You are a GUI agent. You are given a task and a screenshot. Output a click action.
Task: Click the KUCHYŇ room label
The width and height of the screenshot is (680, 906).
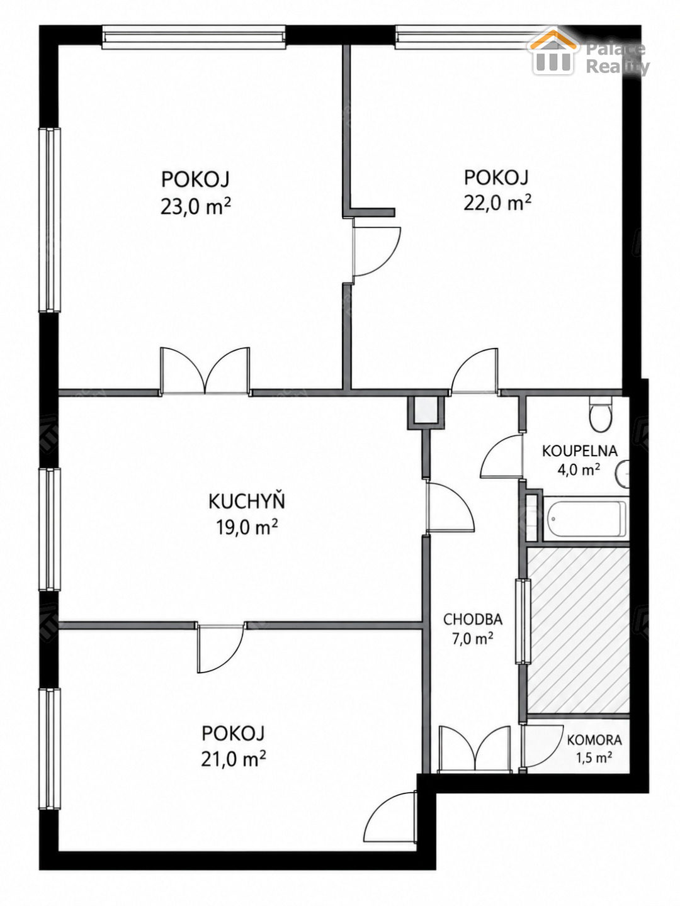(246, 501)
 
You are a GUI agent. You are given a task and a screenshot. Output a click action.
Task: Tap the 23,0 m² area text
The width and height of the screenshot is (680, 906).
(195, 206)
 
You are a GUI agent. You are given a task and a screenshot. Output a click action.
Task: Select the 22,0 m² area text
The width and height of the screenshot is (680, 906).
(497, 203)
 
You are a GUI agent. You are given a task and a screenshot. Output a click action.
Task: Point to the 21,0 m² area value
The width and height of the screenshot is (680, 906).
(233, 759)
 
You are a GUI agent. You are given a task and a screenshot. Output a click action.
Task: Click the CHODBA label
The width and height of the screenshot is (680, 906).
(473, 619)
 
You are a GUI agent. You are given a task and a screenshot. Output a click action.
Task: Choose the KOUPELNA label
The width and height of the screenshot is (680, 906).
(580, 450)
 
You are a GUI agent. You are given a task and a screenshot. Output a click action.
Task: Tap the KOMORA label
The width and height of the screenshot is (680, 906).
(594, 740)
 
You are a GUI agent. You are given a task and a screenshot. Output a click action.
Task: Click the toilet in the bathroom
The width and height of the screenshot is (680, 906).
(600, 414)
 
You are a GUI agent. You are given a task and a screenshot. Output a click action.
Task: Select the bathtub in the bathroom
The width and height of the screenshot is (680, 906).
(586, 519)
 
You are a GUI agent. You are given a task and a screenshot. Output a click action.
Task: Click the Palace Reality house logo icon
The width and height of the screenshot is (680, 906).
(553, 51)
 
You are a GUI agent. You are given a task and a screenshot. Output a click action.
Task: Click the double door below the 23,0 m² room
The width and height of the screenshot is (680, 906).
(205, 371)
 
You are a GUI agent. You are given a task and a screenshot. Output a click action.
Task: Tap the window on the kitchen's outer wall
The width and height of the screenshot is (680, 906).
(50, 530)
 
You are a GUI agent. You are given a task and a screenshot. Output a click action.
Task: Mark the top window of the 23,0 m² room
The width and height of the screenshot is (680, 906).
(194, 37)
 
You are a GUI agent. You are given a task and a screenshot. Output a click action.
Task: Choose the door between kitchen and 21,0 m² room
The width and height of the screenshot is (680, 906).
(220, 649)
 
